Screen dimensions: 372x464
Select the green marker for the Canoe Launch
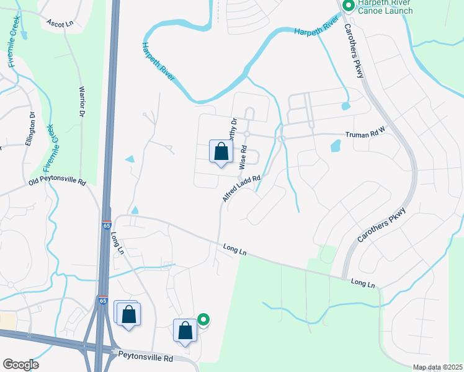(349, 6)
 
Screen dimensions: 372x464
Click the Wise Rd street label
(244, 157)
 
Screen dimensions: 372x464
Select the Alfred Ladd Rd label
(241, 187)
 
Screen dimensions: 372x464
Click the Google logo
(20, 365)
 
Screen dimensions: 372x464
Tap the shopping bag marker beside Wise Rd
(221, 153)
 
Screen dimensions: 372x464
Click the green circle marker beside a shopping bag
(203, 320)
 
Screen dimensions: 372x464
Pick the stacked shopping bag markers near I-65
(128, 314)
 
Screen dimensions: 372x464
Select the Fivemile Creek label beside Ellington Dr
(50, 149)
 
